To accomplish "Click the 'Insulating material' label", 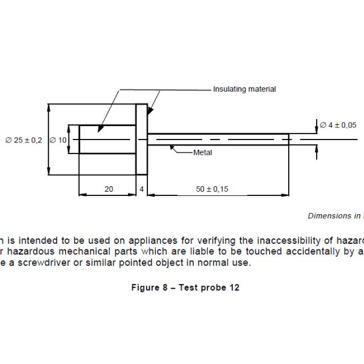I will (x=244, y=89).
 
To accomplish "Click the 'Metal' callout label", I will (x=203, y=152).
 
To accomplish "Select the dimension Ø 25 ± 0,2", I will (x=24, y=140).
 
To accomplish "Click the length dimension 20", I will (x=109, y=189).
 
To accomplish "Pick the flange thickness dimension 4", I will (x=141, y=189).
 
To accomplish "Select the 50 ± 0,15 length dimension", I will (x=212, y=189).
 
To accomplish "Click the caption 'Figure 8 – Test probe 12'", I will (x=185, y=288).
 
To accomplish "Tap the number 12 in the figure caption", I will (x=234, y=288).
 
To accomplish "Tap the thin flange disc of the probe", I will (x=141, y=140).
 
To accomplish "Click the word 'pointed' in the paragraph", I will (x=132, y=263).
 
